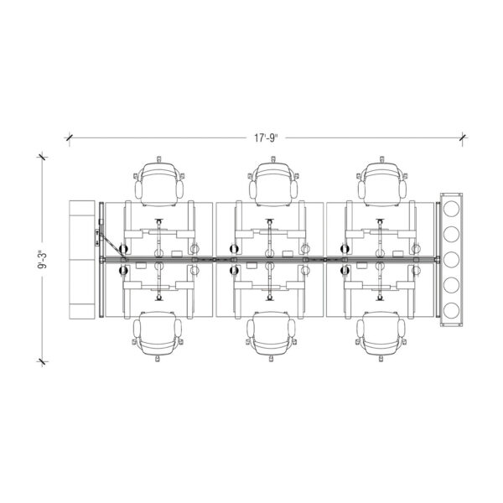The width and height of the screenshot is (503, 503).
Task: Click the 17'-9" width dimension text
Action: [x=266, y=138]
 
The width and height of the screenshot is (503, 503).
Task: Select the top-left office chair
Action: [x=159, y=182]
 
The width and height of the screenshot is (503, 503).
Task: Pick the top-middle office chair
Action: [x=273, y=182]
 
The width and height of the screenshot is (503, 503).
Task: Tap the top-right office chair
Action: [x=382, y=182]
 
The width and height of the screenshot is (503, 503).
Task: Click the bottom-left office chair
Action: [x=158, y=336]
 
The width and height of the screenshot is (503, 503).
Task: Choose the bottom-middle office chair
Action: [x=271, y=336]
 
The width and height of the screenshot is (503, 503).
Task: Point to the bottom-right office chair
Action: [x=381, y=336]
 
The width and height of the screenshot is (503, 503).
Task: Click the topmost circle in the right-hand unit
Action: [x=451, y=209]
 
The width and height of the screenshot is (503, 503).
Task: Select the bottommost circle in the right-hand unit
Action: [x=451, y=310]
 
